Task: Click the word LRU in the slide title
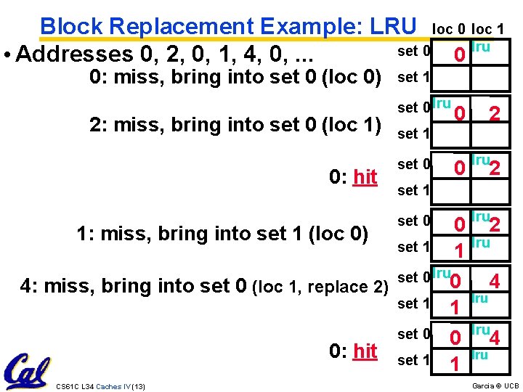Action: tap(393, 26)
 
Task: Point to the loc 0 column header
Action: tap(449, 29)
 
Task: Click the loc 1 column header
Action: tap(492, 29)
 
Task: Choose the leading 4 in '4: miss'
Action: tap(28, 286)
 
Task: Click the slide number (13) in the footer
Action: tap(138, 385)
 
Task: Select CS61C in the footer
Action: tap(68, 385)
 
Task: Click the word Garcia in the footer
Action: tap(482, 385)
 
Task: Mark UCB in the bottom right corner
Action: tap(511, 385)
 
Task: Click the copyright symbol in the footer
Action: tap(499, 385)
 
